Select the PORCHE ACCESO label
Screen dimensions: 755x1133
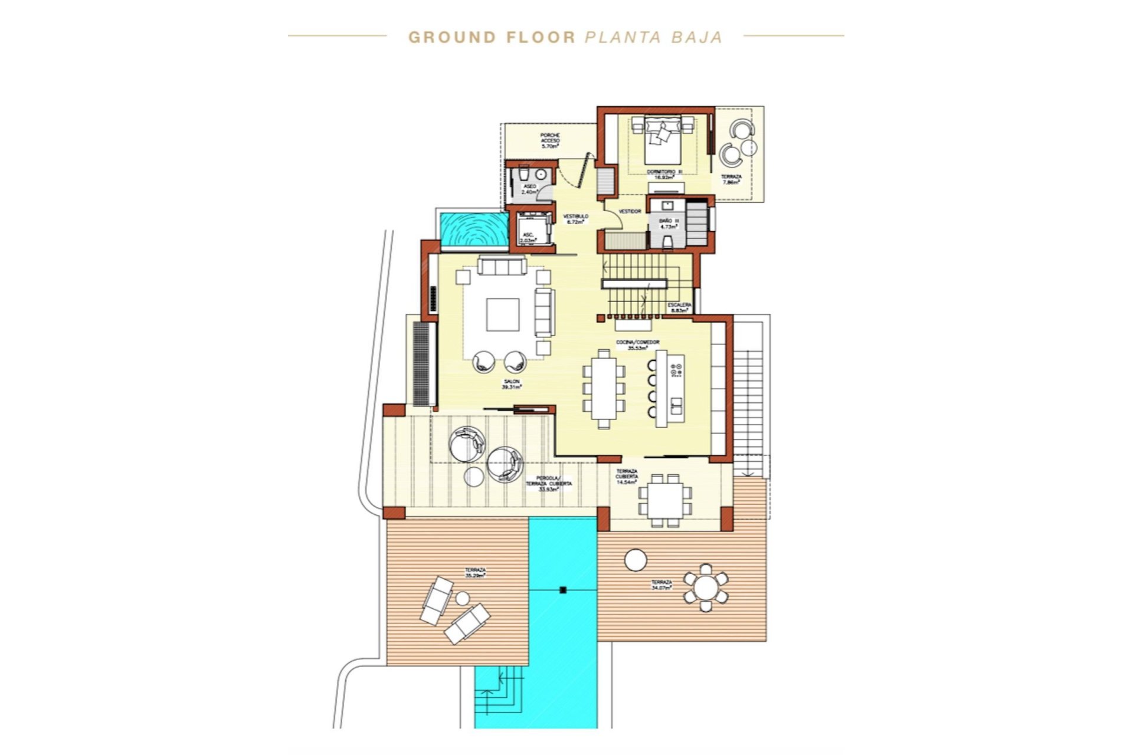pyautogui.click(x=550, y=140)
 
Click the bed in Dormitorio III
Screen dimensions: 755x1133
pyautogui.click(x=662, y=142)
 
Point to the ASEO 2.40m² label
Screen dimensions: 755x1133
pyautogui.click(x=530, y=189)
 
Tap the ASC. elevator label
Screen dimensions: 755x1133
pyautogui.click(x=529, y=238)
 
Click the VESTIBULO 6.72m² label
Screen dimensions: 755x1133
pyautogui.click(x=575, y=219)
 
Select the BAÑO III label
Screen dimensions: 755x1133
pyautogui.click(x=669, y=223)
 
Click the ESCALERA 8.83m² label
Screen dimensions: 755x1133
pyautogui.click(x=679, y=307)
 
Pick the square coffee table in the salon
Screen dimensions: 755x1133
pyautogui.click(x=503, y=314)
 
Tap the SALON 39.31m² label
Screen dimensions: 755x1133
pyautogui.click(x=511, y=385)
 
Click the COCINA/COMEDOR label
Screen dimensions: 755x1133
pyautogui.click(x=637, y=344)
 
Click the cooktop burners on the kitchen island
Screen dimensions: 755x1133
pyautogui.click(x=676, y=370)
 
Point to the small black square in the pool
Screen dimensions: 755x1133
pyautogui.click(x=562, y=589)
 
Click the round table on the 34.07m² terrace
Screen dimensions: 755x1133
pyautogui.click(x=705, y=587)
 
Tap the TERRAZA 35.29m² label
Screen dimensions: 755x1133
pyautogui.click(x=475, y=572)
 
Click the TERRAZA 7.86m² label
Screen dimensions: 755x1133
pyautogui.click(x=731, y=179)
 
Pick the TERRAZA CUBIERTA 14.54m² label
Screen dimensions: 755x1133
pyautogui.click(x=627, y=477)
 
